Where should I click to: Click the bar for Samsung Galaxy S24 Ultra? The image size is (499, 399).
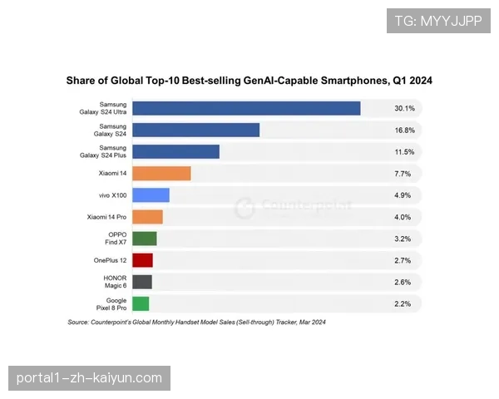click(246, 108)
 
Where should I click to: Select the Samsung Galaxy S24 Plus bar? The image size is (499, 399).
click(175, 151)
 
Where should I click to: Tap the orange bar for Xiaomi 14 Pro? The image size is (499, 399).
click(147, 217)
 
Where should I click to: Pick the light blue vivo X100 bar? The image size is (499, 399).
click(151, 195)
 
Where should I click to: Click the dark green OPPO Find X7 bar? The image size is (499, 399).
click(144, 239)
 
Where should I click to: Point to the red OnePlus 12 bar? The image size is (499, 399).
click(142, 260)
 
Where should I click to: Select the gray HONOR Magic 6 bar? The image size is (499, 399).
click(141, 282)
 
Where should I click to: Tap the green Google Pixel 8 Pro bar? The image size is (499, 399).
click(141, 303)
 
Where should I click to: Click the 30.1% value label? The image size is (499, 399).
click(404, 108)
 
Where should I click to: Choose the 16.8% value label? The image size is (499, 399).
click(404, 130)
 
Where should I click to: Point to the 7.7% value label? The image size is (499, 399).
click(404, 174)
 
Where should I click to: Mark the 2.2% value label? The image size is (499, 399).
click(404, 303)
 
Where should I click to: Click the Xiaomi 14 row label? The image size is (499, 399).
click(112, 174)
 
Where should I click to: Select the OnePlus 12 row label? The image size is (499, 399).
click(110, 260)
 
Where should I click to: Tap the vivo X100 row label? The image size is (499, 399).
click(111, 195)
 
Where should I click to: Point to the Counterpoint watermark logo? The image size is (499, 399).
click(244, 208)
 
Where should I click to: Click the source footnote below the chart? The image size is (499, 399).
click(196, 322)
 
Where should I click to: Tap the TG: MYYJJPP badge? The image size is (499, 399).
click(438, 21)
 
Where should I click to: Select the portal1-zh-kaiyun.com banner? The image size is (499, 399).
click(90, 378)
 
